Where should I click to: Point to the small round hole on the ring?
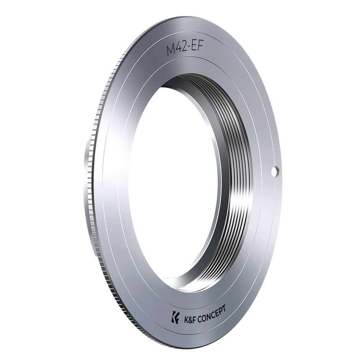pyautogui.click(x=274, y=170)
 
